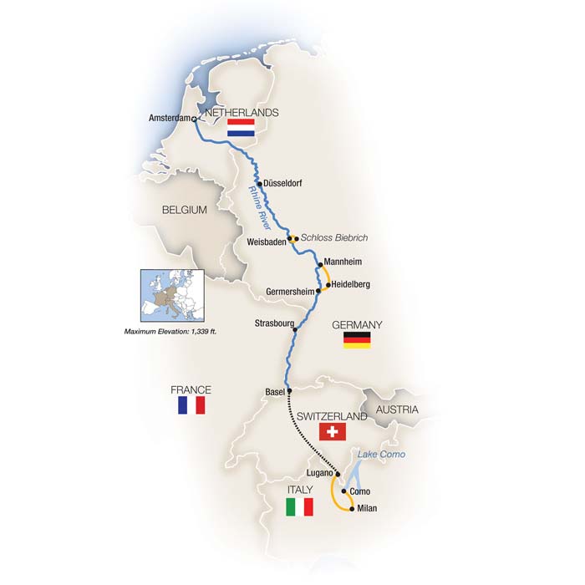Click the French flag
pyautogui.click(x=191, y=404)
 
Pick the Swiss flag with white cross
pyautogui.click(x=333, y=431)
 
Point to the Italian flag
pyautogui.click(x=298, y=506)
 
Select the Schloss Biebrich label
pyautogui.click(x=333, y=238)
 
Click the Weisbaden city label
pyautogui.click(x=267, y=242)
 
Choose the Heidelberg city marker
pyautogui.click(x=328, y=285)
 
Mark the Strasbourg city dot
pyautogui.click(x=294, y=329)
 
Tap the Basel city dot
pyautogui.click(x=288, y=390)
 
